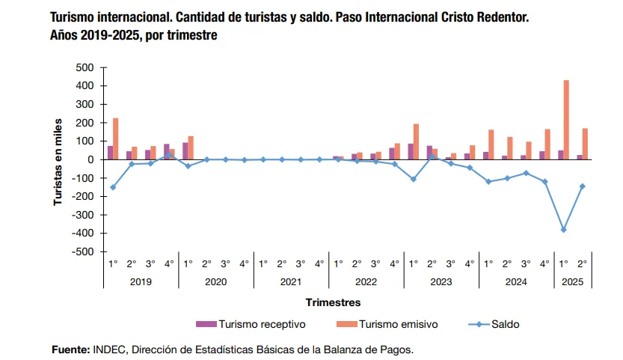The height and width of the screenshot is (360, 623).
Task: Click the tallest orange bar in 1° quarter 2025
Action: (566, 120)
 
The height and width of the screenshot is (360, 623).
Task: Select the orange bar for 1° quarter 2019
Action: (116, 138)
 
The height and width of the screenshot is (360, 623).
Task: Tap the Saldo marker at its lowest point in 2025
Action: (563, 230)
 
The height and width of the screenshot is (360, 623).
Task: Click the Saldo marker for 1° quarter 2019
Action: (113, 187)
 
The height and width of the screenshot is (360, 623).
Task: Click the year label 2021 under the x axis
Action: (291, 281)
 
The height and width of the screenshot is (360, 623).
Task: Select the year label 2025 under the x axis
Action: (572, 281)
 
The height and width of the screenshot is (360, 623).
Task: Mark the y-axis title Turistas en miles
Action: (58, 159)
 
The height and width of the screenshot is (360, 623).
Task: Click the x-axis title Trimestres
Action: (333, 302)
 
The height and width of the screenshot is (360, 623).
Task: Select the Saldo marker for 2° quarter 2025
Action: (582, 186)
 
